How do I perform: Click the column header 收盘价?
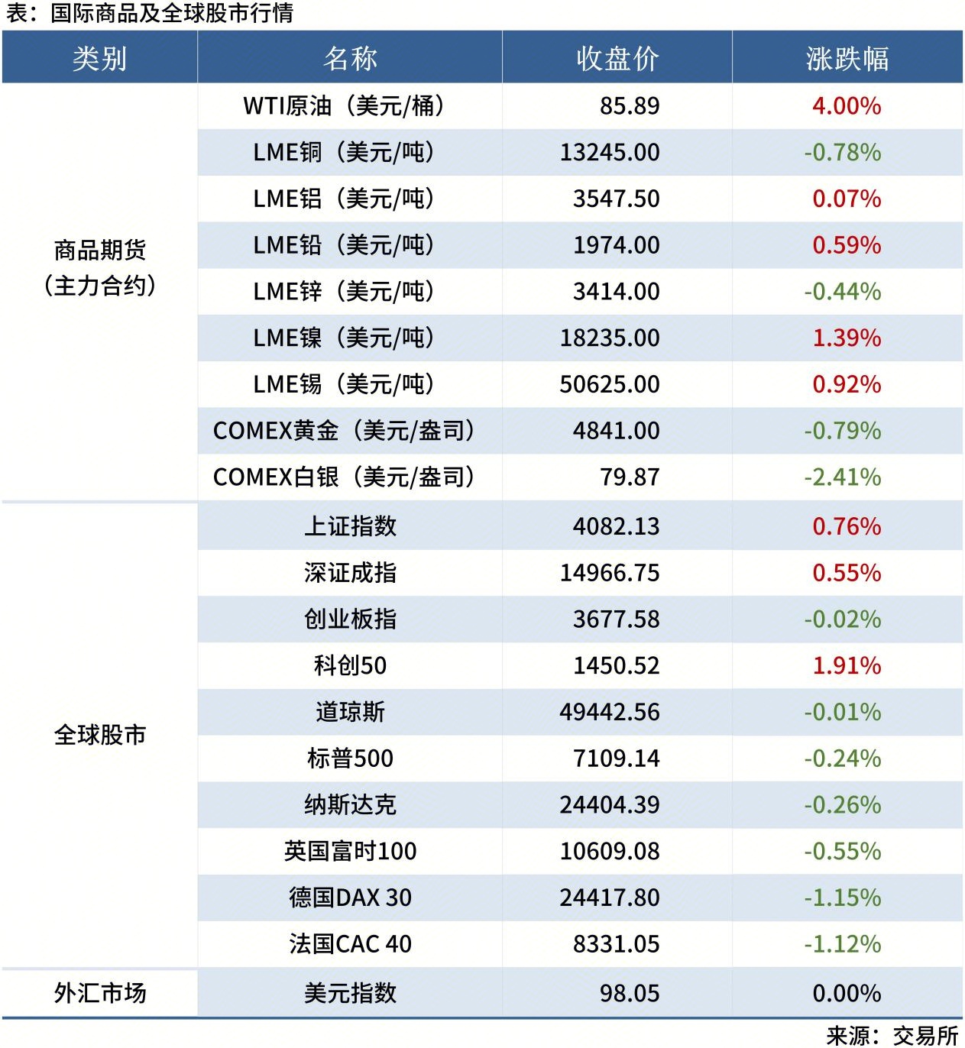[617, 58]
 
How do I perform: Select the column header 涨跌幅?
[847, 58]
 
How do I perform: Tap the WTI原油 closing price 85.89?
[630, 105]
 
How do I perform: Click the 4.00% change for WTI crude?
[847, 105]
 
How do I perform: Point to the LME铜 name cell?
[344, 152]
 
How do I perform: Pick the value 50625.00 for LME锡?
[610, 383]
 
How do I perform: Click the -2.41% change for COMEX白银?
[843, 477]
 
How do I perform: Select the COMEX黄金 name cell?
[344, 430]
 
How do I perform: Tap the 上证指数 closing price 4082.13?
[616, 526]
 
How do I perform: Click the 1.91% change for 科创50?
[847, 665]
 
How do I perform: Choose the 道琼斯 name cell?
[350, 711]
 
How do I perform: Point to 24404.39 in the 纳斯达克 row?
[610, 804]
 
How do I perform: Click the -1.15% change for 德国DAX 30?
[843, 897]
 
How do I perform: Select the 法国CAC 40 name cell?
[350, 943]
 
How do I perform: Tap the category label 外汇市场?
[99, 992]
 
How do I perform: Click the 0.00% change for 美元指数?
[847, 992]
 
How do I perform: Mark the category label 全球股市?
[99, 734]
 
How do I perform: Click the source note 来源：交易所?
[892, 1035]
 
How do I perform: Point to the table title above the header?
[150, 13]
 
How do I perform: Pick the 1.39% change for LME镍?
[847, 338]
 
